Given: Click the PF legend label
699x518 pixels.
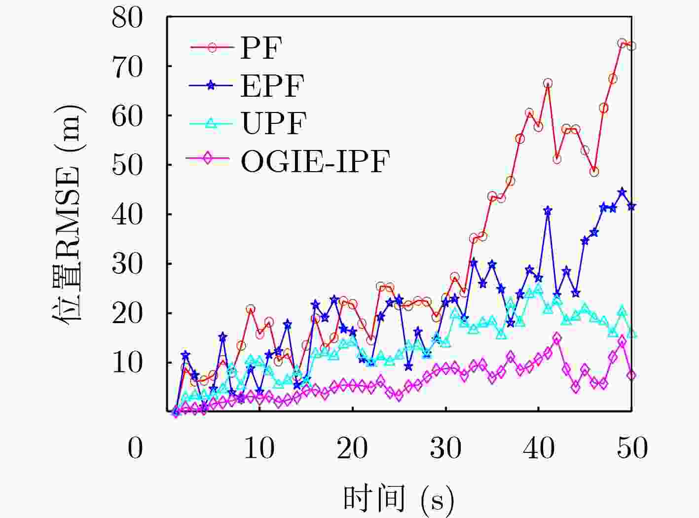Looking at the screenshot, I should (x=261, y=48).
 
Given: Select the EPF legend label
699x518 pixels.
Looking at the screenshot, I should (x=272, y=85).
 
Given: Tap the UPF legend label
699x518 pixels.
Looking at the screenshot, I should (x=274, y=123).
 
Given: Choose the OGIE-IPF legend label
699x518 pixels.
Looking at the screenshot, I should (x=315, y=160).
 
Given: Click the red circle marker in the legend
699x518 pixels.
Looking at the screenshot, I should (x=212, y=48).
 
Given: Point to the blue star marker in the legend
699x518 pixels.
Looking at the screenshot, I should (x=211, y=85).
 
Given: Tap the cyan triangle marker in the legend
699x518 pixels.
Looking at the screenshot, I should (x=211, y=123).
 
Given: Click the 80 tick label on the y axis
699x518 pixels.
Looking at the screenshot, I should (x=127, y=18).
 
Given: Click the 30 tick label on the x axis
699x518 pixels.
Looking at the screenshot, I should (x=445, y=448).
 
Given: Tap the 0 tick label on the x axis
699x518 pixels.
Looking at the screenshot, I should (x=135, y=448).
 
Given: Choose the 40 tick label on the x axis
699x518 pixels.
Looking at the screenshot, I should (x=538, y=448).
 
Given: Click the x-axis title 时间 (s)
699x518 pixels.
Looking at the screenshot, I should (x=398, y=499).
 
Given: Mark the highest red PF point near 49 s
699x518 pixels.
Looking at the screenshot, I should (x=622, y=43).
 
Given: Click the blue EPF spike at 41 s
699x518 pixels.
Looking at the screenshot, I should (x=548, y=211).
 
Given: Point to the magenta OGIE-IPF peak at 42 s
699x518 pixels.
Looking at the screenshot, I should (x=557, y=338).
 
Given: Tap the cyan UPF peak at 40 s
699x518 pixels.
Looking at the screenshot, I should (x=538, y=288).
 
